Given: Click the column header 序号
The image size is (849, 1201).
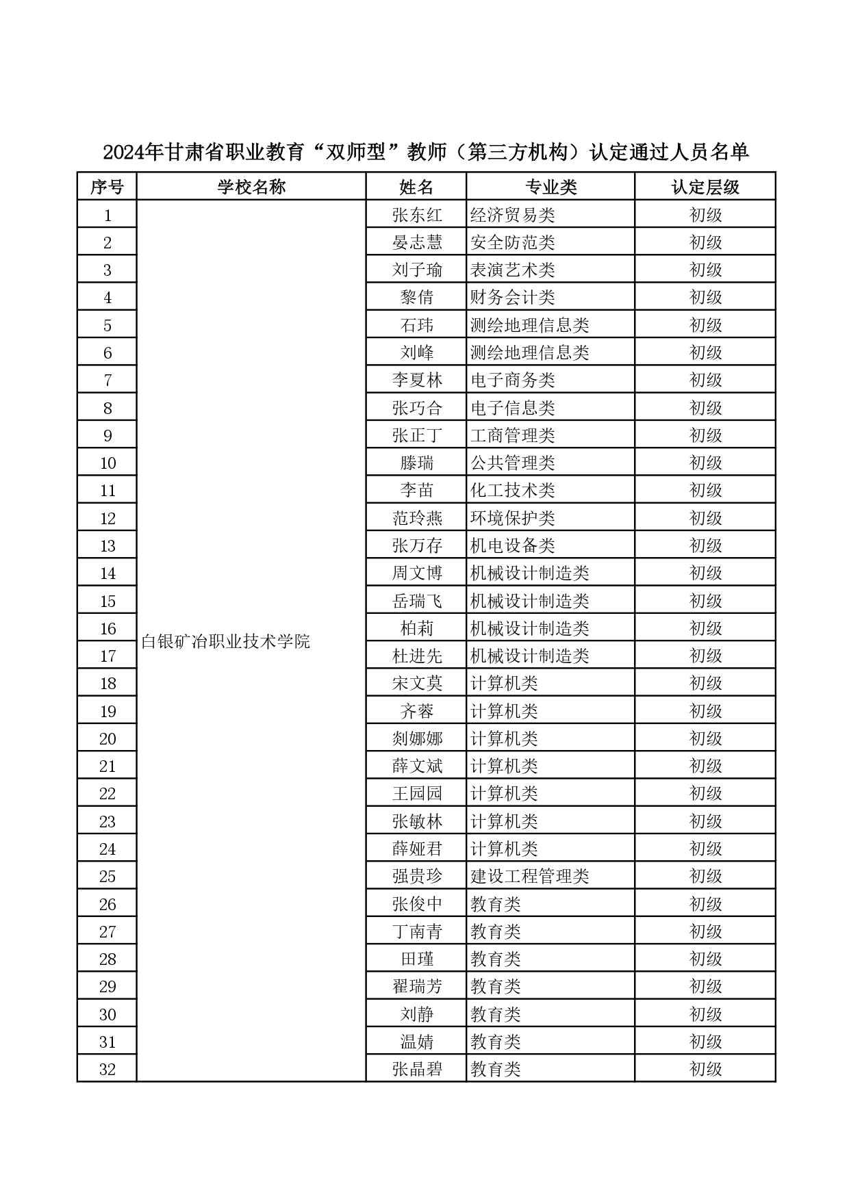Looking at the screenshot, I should [107, 187].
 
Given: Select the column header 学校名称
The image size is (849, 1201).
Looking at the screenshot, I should [251, 187].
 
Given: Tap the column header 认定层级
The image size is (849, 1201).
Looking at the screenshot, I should [705, 187].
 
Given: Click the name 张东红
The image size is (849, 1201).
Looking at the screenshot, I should [416, 215].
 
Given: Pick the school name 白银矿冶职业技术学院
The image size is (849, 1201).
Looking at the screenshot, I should [225, 642].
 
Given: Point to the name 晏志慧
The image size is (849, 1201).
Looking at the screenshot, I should [416, 242].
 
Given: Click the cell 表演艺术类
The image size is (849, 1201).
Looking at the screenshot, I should [512, 270].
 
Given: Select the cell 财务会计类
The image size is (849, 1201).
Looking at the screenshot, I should [512, 298].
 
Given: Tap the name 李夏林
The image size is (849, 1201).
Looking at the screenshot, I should [416, 380].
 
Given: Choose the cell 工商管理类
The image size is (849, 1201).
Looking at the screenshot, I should [512, 435].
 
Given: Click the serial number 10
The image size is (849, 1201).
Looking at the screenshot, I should [107, 463].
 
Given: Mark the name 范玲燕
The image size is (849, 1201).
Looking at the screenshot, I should [416, 518].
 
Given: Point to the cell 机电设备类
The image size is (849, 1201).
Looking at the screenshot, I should [512, 545].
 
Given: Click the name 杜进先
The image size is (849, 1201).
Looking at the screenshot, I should [416, 656].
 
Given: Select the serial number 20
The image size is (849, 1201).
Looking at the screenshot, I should [107, 739].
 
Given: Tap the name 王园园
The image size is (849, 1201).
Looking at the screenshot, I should [416, 794].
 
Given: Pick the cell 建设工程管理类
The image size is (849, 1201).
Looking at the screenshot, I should [529, 877].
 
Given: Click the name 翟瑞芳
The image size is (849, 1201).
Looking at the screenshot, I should [416, 987].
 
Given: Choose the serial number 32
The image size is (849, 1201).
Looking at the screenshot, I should [107, 1070].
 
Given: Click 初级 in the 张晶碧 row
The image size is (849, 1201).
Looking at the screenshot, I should [705, 1070].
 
